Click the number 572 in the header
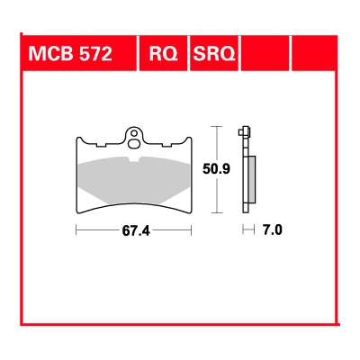94,55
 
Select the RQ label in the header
162,55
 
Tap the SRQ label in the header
212,55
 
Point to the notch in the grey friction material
135,162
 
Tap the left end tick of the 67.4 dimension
77,230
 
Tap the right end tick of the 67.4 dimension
193,230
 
